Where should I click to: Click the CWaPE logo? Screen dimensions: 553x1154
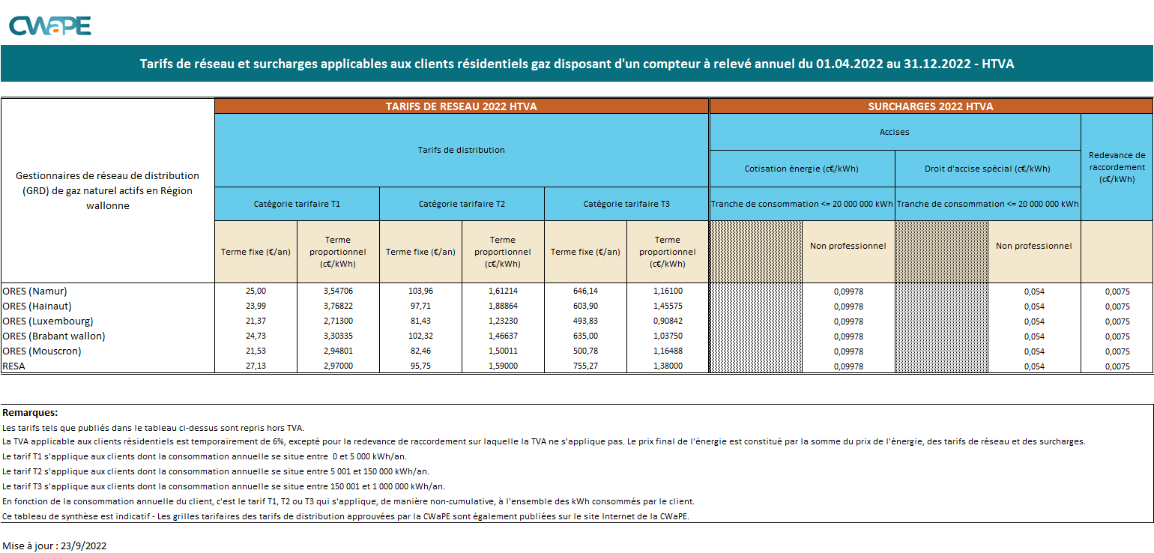tap(49, 25)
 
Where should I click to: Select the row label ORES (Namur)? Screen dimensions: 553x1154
tap(40, 291)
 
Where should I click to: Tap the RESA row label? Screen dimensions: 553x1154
tap(15, 366)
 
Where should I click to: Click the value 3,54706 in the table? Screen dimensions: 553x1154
tap(338, 291)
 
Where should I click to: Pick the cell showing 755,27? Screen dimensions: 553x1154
tap(585, 366)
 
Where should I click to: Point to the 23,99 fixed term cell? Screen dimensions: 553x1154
tap(256, 306)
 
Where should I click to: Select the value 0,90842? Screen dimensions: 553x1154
tap(667, 321)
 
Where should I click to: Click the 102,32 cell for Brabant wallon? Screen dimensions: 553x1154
tap(420, 336)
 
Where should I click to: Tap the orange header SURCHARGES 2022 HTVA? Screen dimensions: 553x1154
tap(930, 106)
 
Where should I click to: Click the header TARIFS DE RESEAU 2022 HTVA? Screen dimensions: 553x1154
tap(461, 106)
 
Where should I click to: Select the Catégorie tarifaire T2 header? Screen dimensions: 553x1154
tap(462, 204)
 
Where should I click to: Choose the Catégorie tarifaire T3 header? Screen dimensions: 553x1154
tap(626, 204)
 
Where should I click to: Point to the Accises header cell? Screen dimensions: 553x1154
tap(894, 132)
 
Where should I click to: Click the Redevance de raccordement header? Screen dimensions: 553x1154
tap(1117, 167)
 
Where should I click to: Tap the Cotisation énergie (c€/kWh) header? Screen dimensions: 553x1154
tap(801, 169)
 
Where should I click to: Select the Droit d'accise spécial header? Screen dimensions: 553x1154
tap(987, 169)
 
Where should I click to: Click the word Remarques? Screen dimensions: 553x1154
tap(30, 412)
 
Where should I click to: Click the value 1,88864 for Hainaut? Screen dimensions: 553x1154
tap(503, 306)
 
